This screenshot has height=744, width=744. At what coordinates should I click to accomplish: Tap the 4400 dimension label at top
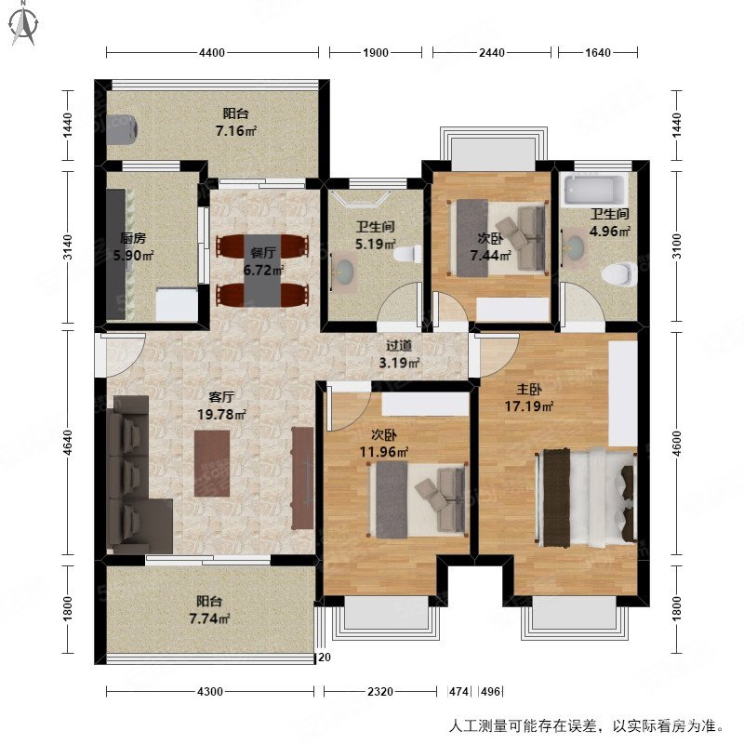pyautogui.click(x=212, y=53)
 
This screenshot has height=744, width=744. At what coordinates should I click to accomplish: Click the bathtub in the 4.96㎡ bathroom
pyautogui.click(x=592, y=190)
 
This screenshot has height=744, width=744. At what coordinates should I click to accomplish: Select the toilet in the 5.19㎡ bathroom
pyautogui.click(x=406, y=254)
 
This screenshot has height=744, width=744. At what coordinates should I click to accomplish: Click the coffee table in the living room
pyautogui.click(x=212, y=462)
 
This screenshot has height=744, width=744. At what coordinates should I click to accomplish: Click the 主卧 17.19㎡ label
pyautogui.click(x=527, y=398)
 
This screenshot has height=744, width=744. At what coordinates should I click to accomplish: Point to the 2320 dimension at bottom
pyautogui.click(x=379, y=692)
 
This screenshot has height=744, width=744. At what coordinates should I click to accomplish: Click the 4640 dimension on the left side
pyautogui.click(x=68, y=446)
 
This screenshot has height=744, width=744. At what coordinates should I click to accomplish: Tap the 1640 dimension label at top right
pyautogui.click(x=598, y=53)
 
